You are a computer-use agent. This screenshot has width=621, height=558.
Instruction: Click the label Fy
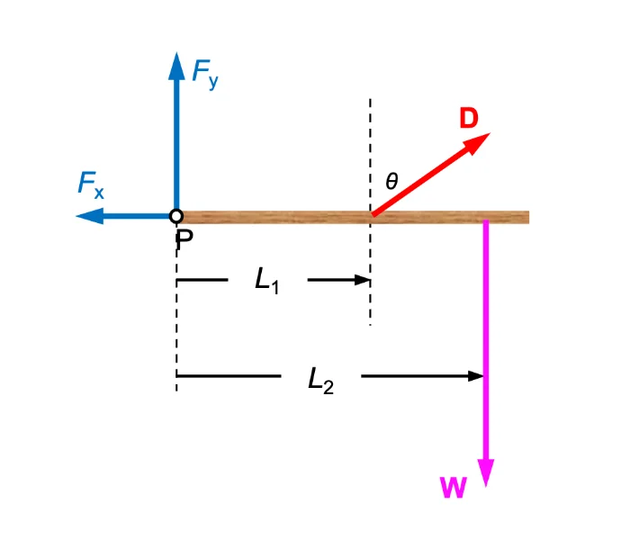point(205,73)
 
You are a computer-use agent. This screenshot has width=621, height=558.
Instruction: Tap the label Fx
point(90,186)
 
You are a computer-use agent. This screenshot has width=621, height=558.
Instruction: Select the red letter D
point(469,119)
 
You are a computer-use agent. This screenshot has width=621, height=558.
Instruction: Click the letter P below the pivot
point(184,239)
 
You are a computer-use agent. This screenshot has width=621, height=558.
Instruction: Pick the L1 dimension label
point(267,281)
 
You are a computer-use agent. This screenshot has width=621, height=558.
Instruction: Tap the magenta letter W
point(453,488)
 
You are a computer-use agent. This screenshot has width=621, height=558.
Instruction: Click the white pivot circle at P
point(176,216)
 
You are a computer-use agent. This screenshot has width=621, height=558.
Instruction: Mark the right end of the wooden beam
point(526,217)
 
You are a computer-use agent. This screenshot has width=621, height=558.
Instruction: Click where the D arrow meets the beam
point(372,216)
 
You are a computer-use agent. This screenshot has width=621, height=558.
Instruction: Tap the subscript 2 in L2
point(328,386)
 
